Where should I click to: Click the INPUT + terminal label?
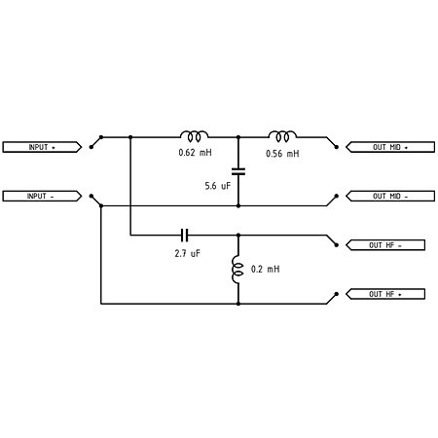42,147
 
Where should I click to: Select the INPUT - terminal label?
42,196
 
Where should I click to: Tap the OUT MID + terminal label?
390,147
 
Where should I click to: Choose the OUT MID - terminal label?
390,196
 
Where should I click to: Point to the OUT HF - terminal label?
385,245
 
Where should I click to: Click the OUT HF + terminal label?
385,294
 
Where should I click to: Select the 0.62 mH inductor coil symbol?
195,136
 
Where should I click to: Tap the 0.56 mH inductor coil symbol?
282,136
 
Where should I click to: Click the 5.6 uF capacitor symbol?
238,171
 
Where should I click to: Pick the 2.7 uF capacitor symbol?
184,236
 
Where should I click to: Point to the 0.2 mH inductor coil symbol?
237,270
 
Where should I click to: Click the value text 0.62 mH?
195,153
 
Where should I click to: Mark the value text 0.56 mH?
282,154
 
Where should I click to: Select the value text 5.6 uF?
218,186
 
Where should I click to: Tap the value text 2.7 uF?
188,253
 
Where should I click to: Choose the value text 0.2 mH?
266,269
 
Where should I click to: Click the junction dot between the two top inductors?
238,137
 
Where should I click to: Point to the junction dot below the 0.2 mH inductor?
238,304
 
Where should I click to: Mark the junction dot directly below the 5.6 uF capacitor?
238,205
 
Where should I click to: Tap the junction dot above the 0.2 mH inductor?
238,236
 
